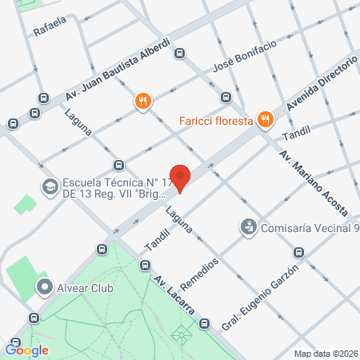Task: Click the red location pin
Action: [181, 178]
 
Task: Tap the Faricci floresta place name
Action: [216, 121]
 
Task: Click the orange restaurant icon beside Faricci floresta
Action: [266, 121]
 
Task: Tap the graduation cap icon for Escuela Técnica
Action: [50, 186]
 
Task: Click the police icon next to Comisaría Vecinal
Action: [250, 228]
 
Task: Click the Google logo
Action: [27, 349]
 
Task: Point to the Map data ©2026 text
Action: [326, 353]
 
